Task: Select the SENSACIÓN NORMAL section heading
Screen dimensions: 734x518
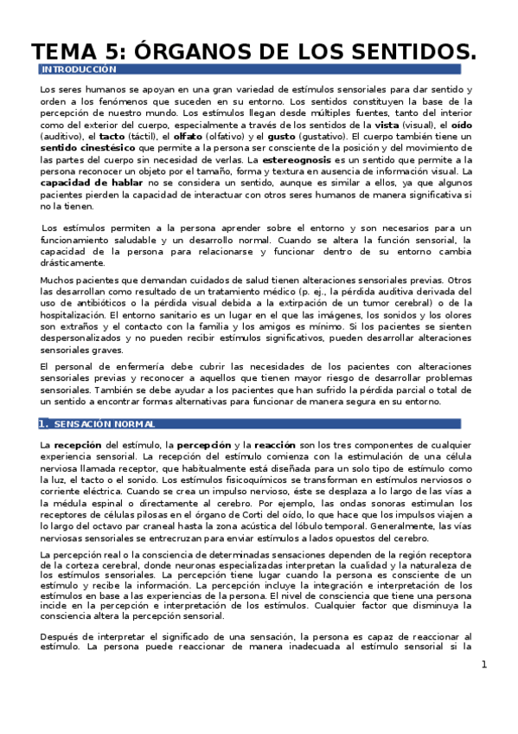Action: tap(97, 424)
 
